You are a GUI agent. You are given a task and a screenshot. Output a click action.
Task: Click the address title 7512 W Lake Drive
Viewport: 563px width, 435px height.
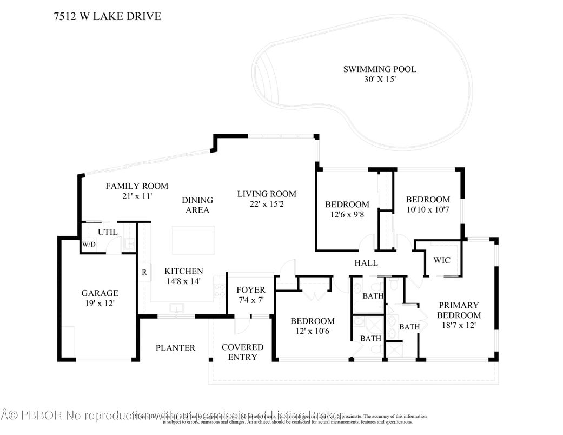pos(108,16)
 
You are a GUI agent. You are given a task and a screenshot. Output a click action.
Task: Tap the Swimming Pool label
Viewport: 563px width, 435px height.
pos(380,69)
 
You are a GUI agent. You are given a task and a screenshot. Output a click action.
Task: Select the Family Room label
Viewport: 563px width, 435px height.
pos(136,186)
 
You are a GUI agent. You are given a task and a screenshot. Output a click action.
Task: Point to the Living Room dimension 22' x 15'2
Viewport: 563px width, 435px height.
pos(267,204)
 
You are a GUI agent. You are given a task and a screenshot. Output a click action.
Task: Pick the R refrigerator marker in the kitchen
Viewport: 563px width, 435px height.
pos(144,272)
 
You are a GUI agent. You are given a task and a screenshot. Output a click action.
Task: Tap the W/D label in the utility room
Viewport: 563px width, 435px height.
pos(89,244)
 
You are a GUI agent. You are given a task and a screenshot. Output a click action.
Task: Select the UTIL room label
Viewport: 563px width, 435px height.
pos(107,232)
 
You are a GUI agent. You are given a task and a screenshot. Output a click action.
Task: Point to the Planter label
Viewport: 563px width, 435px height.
pos(175,348)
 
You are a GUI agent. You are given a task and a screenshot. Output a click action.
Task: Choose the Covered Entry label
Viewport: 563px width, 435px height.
pos(242,352)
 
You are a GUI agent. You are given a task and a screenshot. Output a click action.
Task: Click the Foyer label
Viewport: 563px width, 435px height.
pos(251,290)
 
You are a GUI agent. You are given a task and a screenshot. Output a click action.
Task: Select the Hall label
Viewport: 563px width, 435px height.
pos(366,263)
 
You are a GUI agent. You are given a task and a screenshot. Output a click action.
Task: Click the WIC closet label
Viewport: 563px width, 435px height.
pos(441,260)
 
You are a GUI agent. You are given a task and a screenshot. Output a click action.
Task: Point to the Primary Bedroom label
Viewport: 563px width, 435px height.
pos(459,310)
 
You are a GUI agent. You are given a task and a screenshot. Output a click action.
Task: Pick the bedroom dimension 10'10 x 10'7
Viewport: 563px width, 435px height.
pos(428,209)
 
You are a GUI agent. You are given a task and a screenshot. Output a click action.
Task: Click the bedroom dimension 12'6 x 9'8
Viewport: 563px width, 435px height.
pos(347,215)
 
